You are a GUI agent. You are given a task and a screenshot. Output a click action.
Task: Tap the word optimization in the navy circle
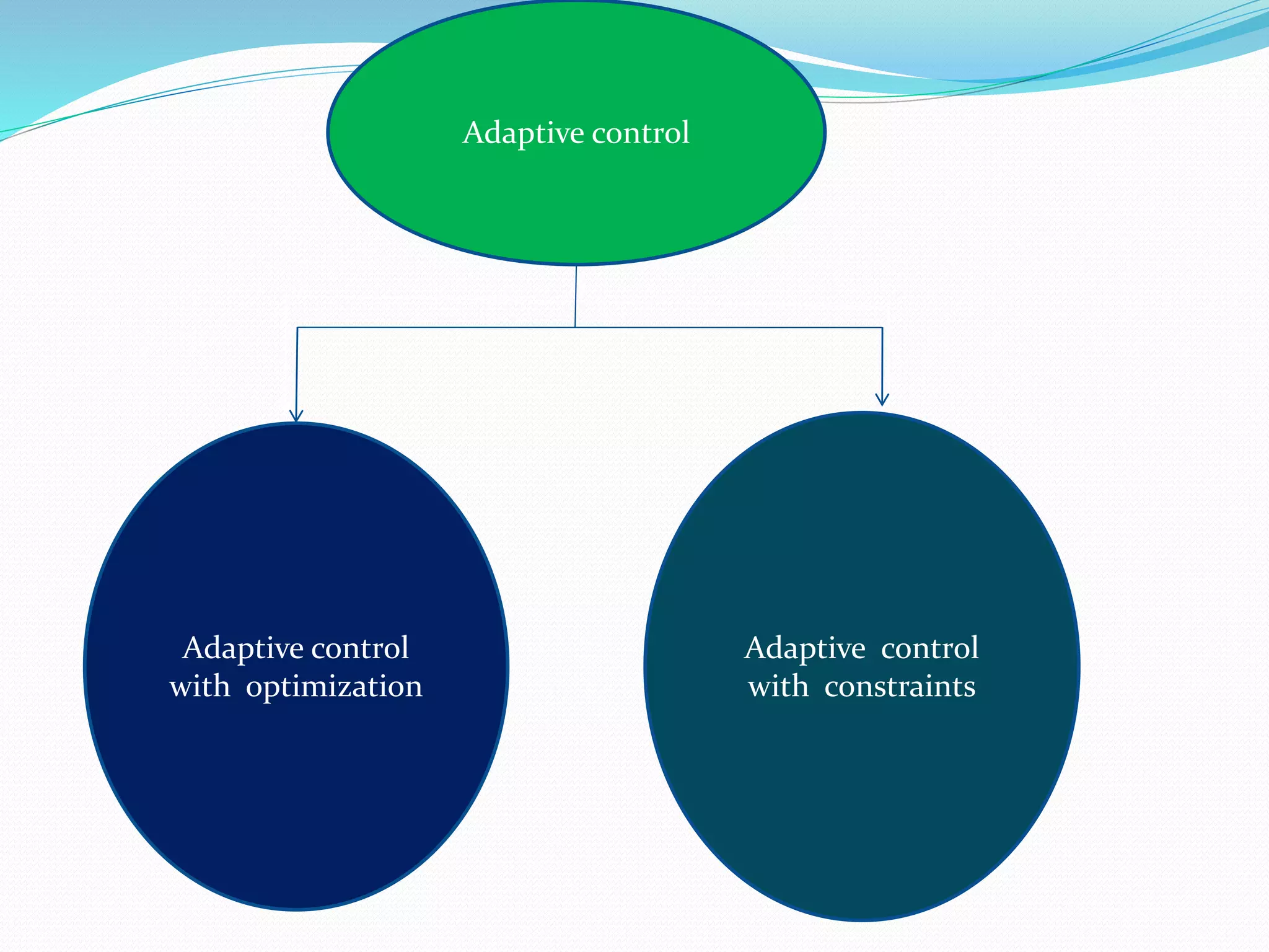(x=334, y=687)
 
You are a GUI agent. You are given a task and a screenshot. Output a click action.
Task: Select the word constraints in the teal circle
(x=900, y=687)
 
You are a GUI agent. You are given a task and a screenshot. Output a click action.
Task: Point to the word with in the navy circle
(x=200, y=687)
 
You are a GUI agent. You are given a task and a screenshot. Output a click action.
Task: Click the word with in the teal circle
(x=778, y=687)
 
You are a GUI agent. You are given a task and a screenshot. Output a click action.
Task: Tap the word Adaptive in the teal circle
(x=804, y=649)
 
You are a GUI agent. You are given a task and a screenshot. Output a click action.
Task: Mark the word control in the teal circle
(x=929, y=648)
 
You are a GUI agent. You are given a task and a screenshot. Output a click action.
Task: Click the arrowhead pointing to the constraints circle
(x=882, y=400)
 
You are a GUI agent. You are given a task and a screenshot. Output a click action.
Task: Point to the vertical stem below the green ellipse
(x=576, y=296)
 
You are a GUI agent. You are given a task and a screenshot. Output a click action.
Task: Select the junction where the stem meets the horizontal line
(x=575, y=327)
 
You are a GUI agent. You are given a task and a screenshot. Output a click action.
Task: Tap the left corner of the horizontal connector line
(x=297, y=327)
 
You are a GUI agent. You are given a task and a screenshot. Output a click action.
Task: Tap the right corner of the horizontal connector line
(x=882, y=327)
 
